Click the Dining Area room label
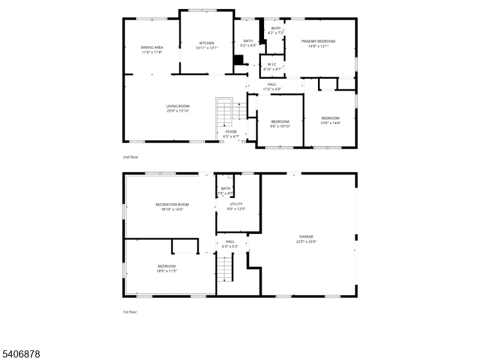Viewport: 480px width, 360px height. coord(152,47)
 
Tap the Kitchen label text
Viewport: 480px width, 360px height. coord(207,43)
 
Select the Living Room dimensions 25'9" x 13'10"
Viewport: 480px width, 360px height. coord(178,111)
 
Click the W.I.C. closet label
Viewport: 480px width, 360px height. coord(272,64)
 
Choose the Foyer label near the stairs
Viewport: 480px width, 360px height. coord(231,132)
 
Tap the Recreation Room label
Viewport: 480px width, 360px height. coord(172,205)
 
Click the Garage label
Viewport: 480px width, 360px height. coord(307,237)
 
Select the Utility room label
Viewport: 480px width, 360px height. coord(236,204)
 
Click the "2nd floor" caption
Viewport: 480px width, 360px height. coord(131,157)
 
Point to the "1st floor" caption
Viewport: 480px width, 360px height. coord(130,312)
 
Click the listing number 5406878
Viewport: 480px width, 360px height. coord(21,355)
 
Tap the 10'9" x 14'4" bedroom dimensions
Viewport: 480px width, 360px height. coord(330,123)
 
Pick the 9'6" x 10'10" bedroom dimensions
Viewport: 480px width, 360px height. coord(280,127)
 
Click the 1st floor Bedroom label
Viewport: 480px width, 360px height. coord(167,266)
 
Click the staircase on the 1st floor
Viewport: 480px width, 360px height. coord(224,268)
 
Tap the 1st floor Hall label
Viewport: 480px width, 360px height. coord(230,241)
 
